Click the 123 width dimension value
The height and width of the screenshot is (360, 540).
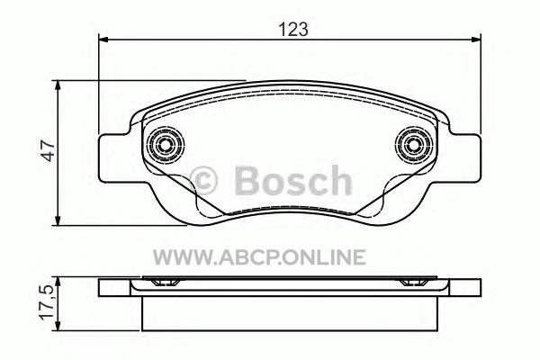tap(292, 29)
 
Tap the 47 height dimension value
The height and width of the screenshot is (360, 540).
tap(48, 150)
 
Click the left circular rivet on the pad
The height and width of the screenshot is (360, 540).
tap(166, 145)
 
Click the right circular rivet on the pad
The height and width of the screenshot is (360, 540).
tap(414, 145)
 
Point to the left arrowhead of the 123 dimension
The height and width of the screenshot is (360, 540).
tap(103, 40)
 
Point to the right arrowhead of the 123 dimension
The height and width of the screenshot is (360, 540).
tap(475, 40)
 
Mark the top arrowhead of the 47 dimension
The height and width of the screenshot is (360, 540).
tap(58, 85)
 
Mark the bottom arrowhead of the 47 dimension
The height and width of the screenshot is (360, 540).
tap(58, 220)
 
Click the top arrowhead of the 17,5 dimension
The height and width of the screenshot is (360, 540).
tap(58, 282)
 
